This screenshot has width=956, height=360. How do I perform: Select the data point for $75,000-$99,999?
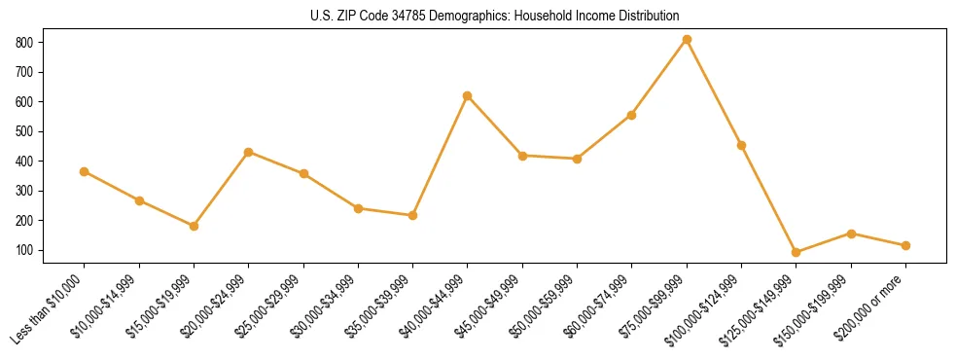tap(687, 40)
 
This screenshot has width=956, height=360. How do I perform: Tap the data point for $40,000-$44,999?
tap(468, 95)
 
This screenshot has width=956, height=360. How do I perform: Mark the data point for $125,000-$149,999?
tap(797, 252)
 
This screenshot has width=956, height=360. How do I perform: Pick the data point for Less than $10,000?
tap(85, 171)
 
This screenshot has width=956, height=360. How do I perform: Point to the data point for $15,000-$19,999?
tap(194, 226)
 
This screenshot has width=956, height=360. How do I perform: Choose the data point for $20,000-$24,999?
tap(249, 152)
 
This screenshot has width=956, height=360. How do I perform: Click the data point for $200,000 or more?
tap(905, 245)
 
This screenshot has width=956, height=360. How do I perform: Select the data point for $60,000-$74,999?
tap(632, 115)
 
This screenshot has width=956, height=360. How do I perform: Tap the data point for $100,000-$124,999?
tap(741, 145)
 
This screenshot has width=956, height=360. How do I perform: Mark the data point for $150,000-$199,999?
tap(851, 234)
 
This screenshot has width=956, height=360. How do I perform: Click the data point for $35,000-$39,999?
tap(412, 215)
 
